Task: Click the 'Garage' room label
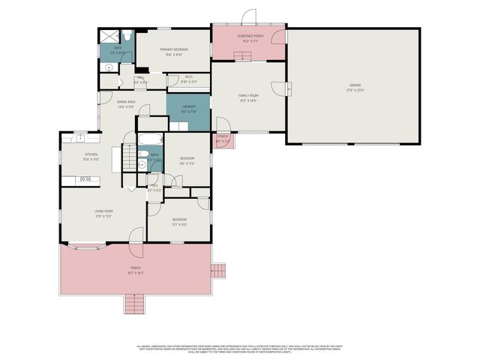click(x=355, y=86)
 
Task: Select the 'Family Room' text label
click(x=247, y=97)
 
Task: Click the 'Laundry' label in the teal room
click(x=188, y=106)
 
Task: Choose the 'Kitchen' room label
click(x=91, y=154)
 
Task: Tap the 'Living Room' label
click(x=103, y=211)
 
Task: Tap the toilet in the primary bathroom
click(x=128, y=36)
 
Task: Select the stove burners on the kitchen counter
click(x=85, y=178)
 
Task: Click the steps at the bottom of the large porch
click(x=133, y=304)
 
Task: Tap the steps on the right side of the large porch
click(x=217, y=269)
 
